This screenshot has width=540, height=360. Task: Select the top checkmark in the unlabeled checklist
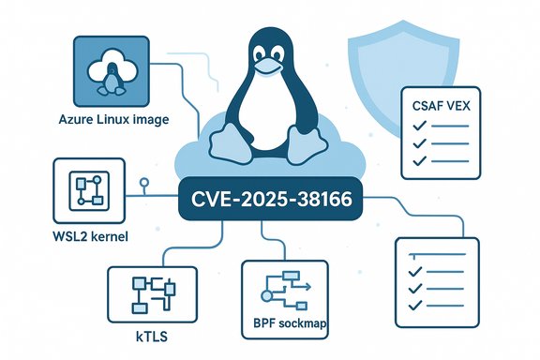412,253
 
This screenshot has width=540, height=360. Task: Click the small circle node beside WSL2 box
142,182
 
